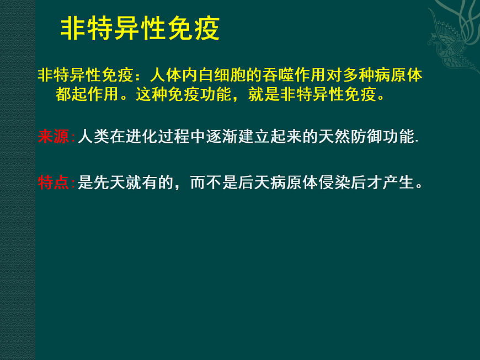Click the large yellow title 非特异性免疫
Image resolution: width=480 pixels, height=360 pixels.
[x=140, y=29]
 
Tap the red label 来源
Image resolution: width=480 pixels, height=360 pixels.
[x=54, y=136]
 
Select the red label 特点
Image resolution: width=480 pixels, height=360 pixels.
[x=54, y=182]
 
